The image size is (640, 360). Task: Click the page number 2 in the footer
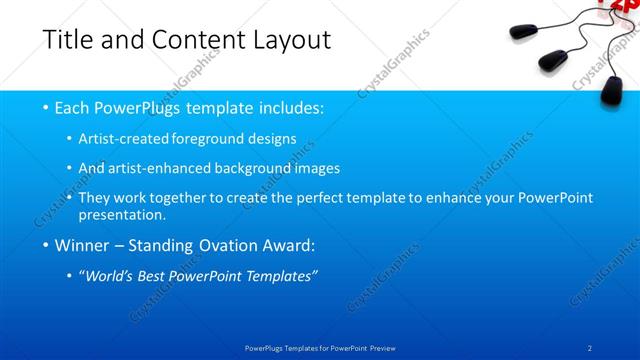(x=590, y=347)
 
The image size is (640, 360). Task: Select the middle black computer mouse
(x=554, y=59)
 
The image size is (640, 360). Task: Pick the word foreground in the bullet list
(x=218, y=138)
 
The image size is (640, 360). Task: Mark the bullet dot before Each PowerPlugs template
(x=46, y=107)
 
